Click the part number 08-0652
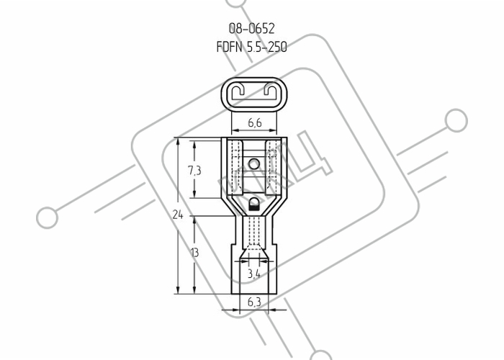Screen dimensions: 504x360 pos(252,29)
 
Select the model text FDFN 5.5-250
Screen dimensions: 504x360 pos(252,48)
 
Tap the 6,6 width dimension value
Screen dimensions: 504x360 pos(255,122)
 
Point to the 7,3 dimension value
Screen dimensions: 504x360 pos(194,171)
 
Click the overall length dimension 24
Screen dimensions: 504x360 pos(178,215)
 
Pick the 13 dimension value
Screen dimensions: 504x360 pos(194,253)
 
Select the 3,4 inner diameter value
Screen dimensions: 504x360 pos(254,274)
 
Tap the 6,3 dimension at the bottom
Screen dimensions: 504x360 pos(254,302)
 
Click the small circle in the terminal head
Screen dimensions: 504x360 pos(254,164)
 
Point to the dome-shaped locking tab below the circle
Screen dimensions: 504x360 pos(254,204)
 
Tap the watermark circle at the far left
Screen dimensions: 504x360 pos(48,217)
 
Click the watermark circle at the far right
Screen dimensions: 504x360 pos(456,120)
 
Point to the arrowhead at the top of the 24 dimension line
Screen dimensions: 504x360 pos(178,142)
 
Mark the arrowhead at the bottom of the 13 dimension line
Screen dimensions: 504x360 pos(194,289)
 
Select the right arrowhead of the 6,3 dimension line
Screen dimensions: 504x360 pos(273,310)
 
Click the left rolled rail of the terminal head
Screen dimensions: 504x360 pos(237,167)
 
